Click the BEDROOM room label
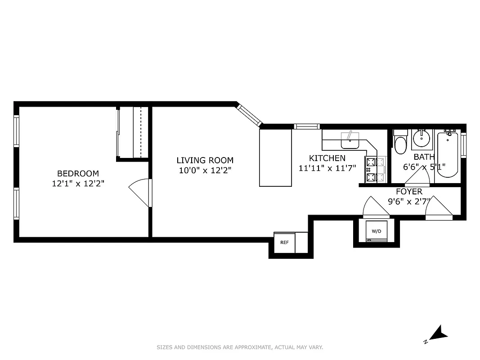[78, 174]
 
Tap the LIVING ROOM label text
[205, 160]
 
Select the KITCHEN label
[327, 158]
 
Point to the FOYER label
[409, 192]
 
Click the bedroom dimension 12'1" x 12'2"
[78, 184]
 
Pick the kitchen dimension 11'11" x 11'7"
[327, 168]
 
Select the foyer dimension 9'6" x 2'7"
[409, 201]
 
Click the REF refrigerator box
[284, 242]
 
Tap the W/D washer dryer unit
[376, 232]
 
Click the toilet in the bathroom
[400, 143]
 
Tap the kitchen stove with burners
[372, 171]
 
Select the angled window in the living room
[249, 115]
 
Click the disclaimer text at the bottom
[240, 347]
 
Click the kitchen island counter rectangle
[275, 157]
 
